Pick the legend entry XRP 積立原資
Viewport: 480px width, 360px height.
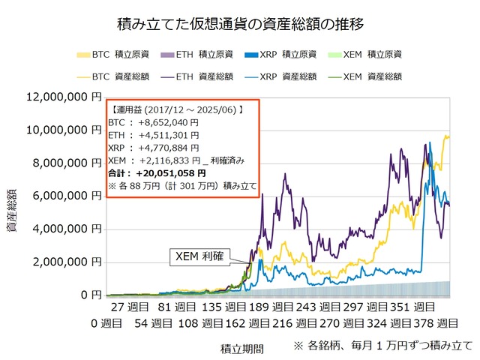click(x=286, y=55)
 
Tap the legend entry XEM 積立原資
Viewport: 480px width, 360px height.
click(x=372, y=55)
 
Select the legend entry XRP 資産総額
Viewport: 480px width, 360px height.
click(x=286, y=76)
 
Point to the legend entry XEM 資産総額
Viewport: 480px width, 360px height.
click(x=372, y=76)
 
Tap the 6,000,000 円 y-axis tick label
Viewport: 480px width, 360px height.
click(x=67, y=196)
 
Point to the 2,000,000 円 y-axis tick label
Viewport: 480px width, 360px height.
click(x=67, y=262)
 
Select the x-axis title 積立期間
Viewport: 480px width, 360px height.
click(x=241, y=348)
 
